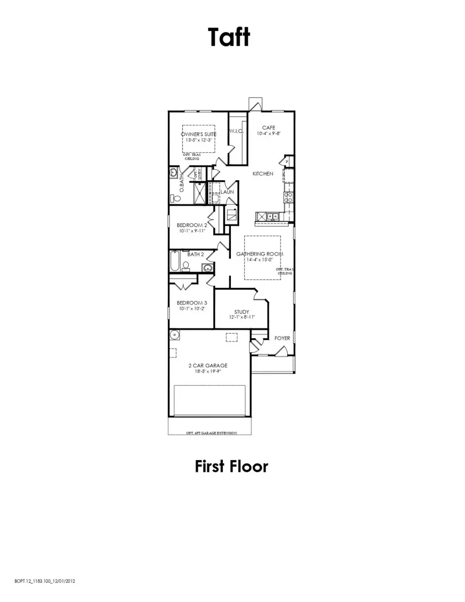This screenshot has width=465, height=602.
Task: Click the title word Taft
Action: click(x=229, y=37)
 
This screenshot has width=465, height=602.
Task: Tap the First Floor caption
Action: click(x=231, y=466)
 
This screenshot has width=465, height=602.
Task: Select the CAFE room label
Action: click(x=268, y=128)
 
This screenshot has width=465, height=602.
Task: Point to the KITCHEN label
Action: click(x=262, y=174)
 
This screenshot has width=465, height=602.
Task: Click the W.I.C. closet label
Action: click(x=237, y=131)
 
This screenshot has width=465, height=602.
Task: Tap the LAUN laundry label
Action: click(x=227, y=192)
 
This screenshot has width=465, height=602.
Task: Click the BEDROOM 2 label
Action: click(x=192, y=225)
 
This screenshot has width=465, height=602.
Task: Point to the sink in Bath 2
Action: click(x=207, y=267)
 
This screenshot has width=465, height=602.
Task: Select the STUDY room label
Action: click(x=241, y=312)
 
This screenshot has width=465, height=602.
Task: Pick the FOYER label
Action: click(x=282, y=338)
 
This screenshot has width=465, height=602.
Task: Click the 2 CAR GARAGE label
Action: click(x=208, y=366)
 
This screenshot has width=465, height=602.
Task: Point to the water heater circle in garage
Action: click(x=176, y=335)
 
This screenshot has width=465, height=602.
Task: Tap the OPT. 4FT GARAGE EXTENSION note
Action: click(x=211, y=433)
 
